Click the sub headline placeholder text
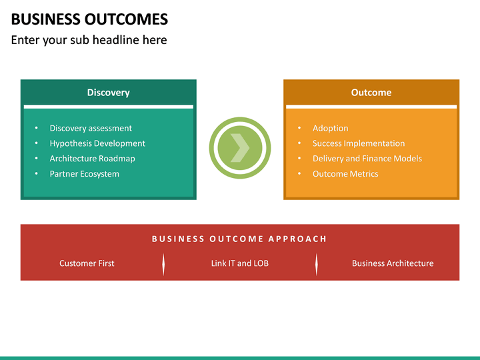coord(89,40)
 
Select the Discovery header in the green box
coord(108,93)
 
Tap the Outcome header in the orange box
coord(371,93)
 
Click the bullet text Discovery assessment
coord(91,128)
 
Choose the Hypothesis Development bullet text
coord(97,143)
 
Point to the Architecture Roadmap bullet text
coord(92,159)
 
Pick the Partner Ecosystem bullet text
coord(84,174)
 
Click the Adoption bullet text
coord(330,128)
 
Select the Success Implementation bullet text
coord(359,143)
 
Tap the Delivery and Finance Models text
coord(367,159)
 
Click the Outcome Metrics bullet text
coord(345,174)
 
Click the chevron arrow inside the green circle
coord(240,147)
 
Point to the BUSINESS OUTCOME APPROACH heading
coord(239,239)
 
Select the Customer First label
coord(87,263)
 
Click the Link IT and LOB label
coord(239,263)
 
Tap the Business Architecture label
coord(393,263)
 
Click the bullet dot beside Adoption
coord(299,128)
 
